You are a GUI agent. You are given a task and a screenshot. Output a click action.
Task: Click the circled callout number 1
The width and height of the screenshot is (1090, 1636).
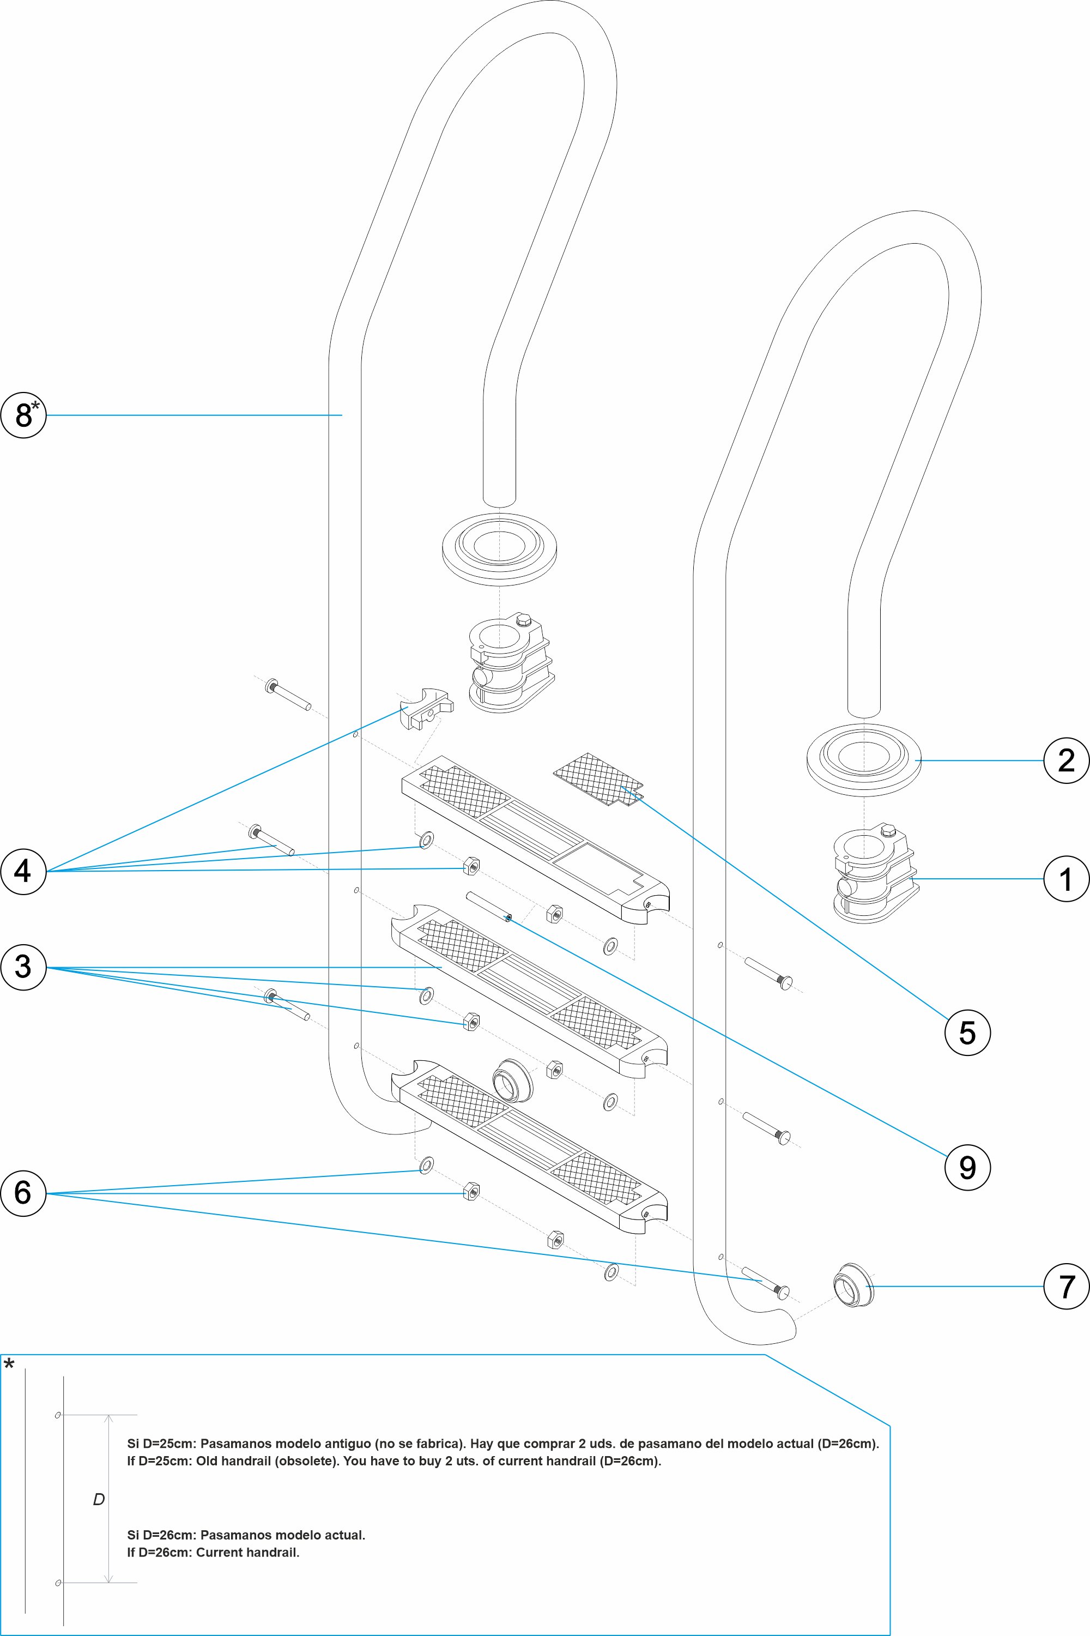[x=1067, y=879]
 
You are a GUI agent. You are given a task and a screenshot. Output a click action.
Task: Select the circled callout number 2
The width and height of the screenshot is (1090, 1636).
[x=1067, y=760]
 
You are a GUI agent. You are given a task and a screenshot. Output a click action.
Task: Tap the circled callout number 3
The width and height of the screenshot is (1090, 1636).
[x=23, y=967]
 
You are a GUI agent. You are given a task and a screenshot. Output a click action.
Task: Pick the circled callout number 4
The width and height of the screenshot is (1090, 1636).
[x=23, y=871]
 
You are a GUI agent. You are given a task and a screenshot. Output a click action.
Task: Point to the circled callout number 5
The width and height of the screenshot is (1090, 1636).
[x=967, y=1033]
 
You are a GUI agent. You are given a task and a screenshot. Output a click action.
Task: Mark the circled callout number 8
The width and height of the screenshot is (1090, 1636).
[x=23, y=415]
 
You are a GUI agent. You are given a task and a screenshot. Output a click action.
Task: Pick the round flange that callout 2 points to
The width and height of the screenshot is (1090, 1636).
[x=863, y=759]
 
